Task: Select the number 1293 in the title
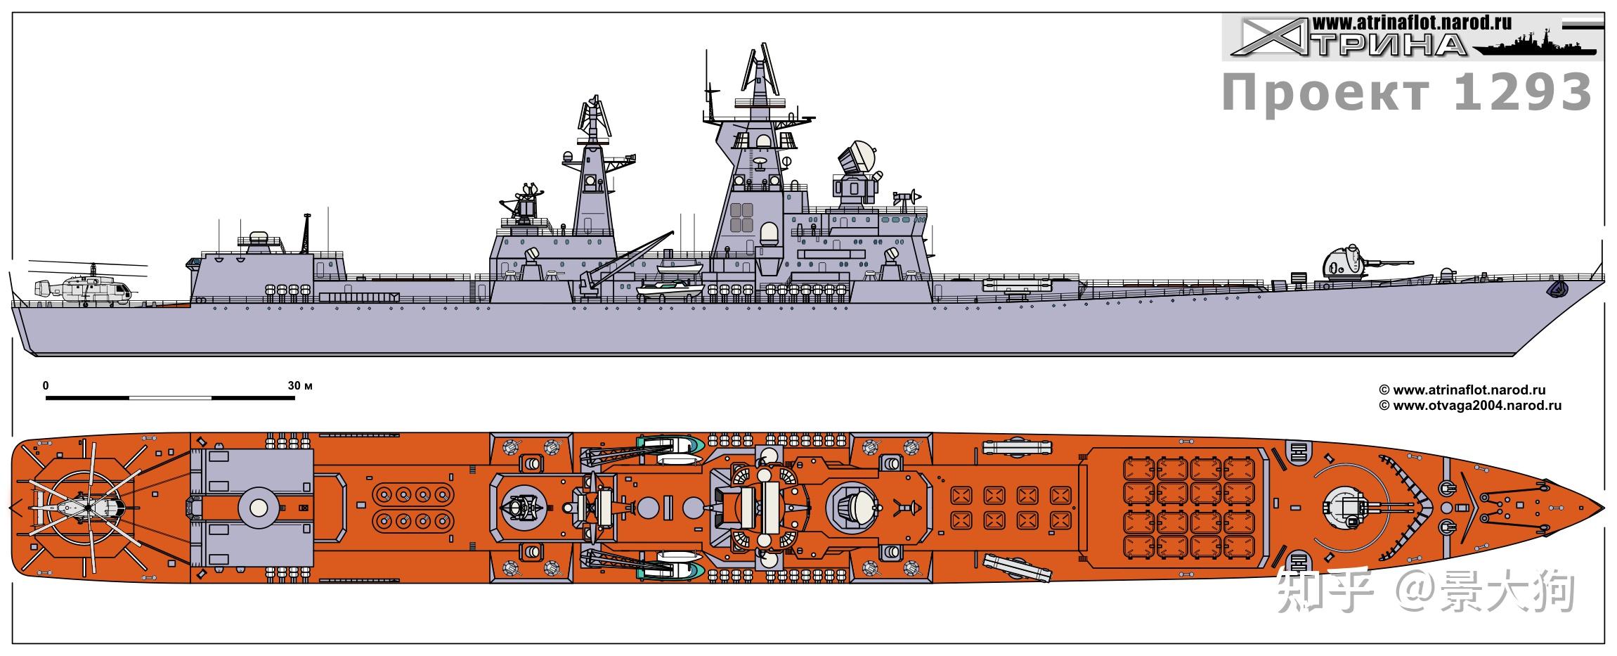[1521, 94]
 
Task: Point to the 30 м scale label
[299, 386]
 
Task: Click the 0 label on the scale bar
[46, 386]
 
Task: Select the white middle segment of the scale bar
[170, 398]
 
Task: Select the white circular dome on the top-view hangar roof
[258, 506]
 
